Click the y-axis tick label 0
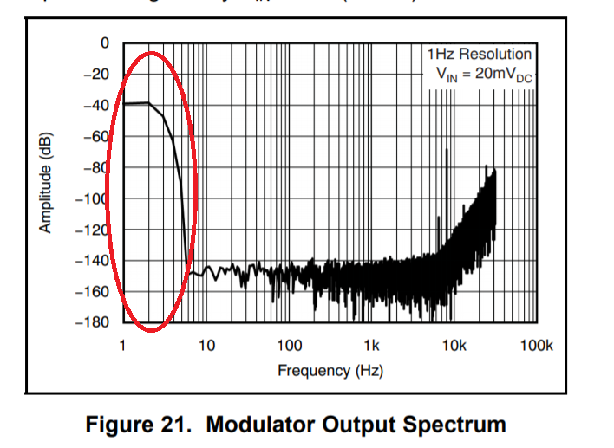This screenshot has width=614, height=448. click(105, 42)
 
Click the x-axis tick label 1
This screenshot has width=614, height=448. click(122, 347)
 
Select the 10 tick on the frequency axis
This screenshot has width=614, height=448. click(206, 347)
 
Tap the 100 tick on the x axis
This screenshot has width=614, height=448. click(289, 347)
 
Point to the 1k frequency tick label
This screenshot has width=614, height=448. click(371, 347)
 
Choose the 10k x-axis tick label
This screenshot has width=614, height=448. click(454, 347)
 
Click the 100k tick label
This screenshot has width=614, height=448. click(536, 347)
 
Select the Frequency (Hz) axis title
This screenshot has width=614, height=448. click(330, 371)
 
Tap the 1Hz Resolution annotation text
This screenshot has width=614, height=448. click(479, 55)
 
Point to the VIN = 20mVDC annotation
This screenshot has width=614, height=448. click(484, 75)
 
